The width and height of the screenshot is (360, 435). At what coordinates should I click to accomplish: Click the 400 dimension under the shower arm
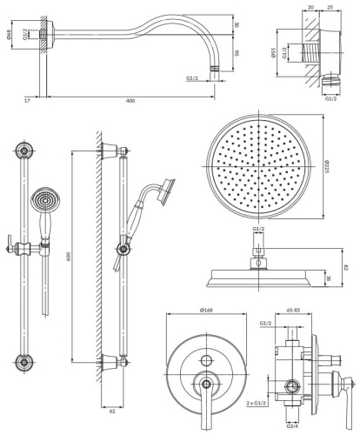point(130,102)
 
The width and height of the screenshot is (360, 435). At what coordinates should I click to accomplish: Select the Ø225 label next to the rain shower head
point(327,167)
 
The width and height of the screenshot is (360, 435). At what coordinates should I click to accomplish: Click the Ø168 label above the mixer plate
point(207,311)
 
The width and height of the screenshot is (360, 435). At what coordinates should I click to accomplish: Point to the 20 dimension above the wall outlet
point(311,8)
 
